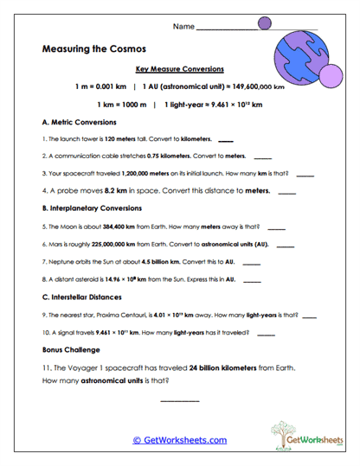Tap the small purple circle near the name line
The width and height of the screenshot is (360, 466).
coord(265,22)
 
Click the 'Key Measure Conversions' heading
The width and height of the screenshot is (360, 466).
coord(180,68)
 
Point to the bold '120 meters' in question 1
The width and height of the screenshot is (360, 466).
coord(118,139)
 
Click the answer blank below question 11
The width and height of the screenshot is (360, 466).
coord(180,399)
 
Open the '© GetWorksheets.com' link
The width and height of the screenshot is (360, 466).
coord(180,440)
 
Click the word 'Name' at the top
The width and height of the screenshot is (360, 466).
coord(184,27)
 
